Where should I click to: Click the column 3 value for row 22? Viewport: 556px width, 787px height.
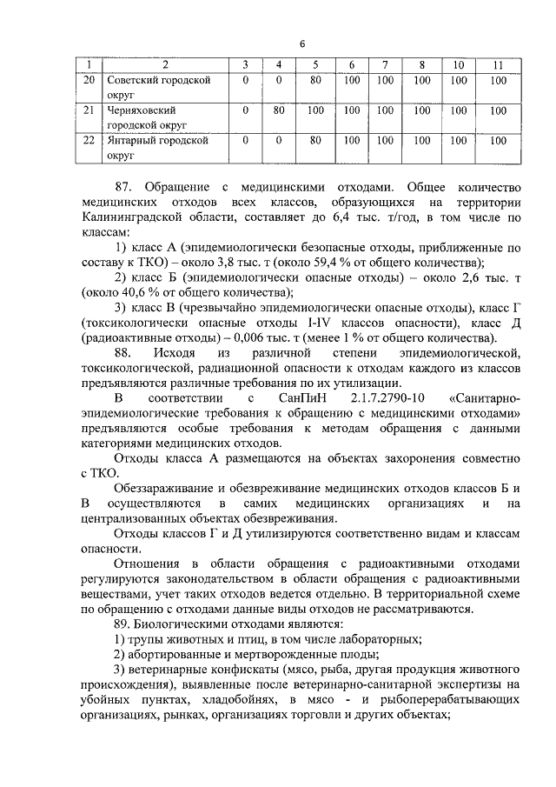pyautogui.click(x=246, y=139)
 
